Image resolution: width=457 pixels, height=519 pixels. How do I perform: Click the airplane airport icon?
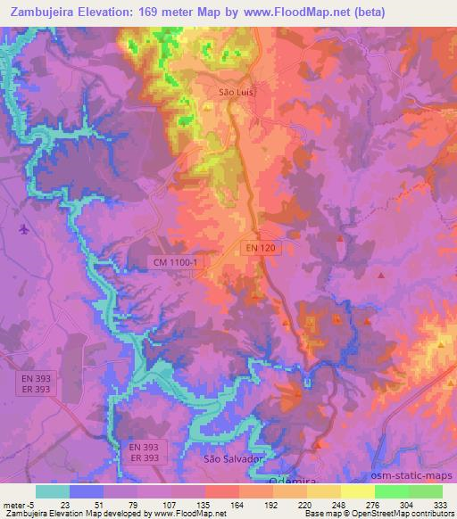[24, 230]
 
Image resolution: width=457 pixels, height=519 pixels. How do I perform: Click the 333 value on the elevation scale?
[441, 504]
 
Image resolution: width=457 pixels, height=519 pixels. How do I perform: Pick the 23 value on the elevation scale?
[65, 504]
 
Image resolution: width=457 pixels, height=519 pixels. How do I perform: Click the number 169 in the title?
[151, 11]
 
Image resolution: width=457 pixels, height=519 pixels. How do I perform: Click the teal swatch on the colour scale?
[53, 491]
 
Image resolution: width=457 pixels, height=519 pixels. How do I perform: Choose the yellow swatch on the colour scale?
[358, 491]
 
